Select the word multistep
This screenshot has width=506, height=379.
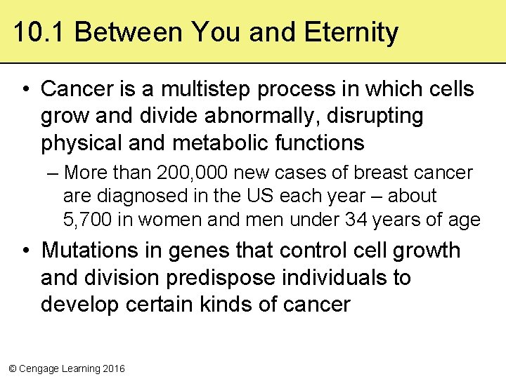[197, 89]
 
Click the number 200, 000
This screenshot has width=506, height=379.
[187, 173]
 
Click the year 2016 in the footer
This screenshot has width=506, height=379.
[114, 368]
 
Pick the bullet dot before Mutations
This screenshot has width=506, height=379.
[25, 251]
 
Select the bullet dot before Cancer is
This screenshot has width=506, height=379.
[25, 89]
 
